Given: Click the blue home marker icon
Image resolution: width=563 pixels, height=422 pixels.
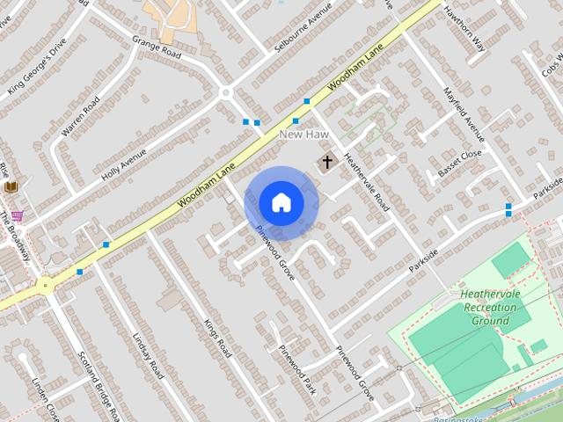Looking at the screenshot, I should click(281, 203).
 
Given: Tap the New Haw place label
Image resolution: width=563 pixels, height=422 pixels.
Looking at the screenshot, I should click(303, 135).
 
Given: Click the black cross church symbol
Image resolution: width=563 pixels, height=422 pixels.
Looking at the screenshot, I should click(327, 162).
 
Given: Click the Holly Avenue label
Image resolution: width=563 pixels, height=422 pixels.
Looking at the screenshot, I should click(123, 162).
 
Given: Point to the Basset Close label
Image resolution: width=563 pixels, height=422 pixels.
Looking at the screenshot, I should click(460, 164).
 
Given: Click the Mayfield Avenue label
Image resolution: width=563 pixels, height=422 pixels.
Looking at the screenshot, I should click(464, 114).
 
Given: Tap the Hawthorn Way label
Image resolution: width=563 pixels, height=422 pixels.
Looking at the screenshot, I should click(465, 31).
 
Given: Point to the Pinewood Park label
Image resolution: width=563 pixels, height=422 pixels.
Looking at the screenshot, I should click(296, 369).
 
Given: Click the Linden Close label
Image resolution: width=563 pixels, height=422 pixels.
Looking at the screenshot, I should click(46, 398).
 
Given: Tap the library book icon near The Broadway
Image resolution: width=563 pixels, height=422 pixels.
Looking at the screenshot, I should click(11, 186).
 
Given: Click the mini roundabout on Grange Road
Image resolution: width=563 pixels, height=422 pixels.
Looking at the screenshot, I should click(226, 92).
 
